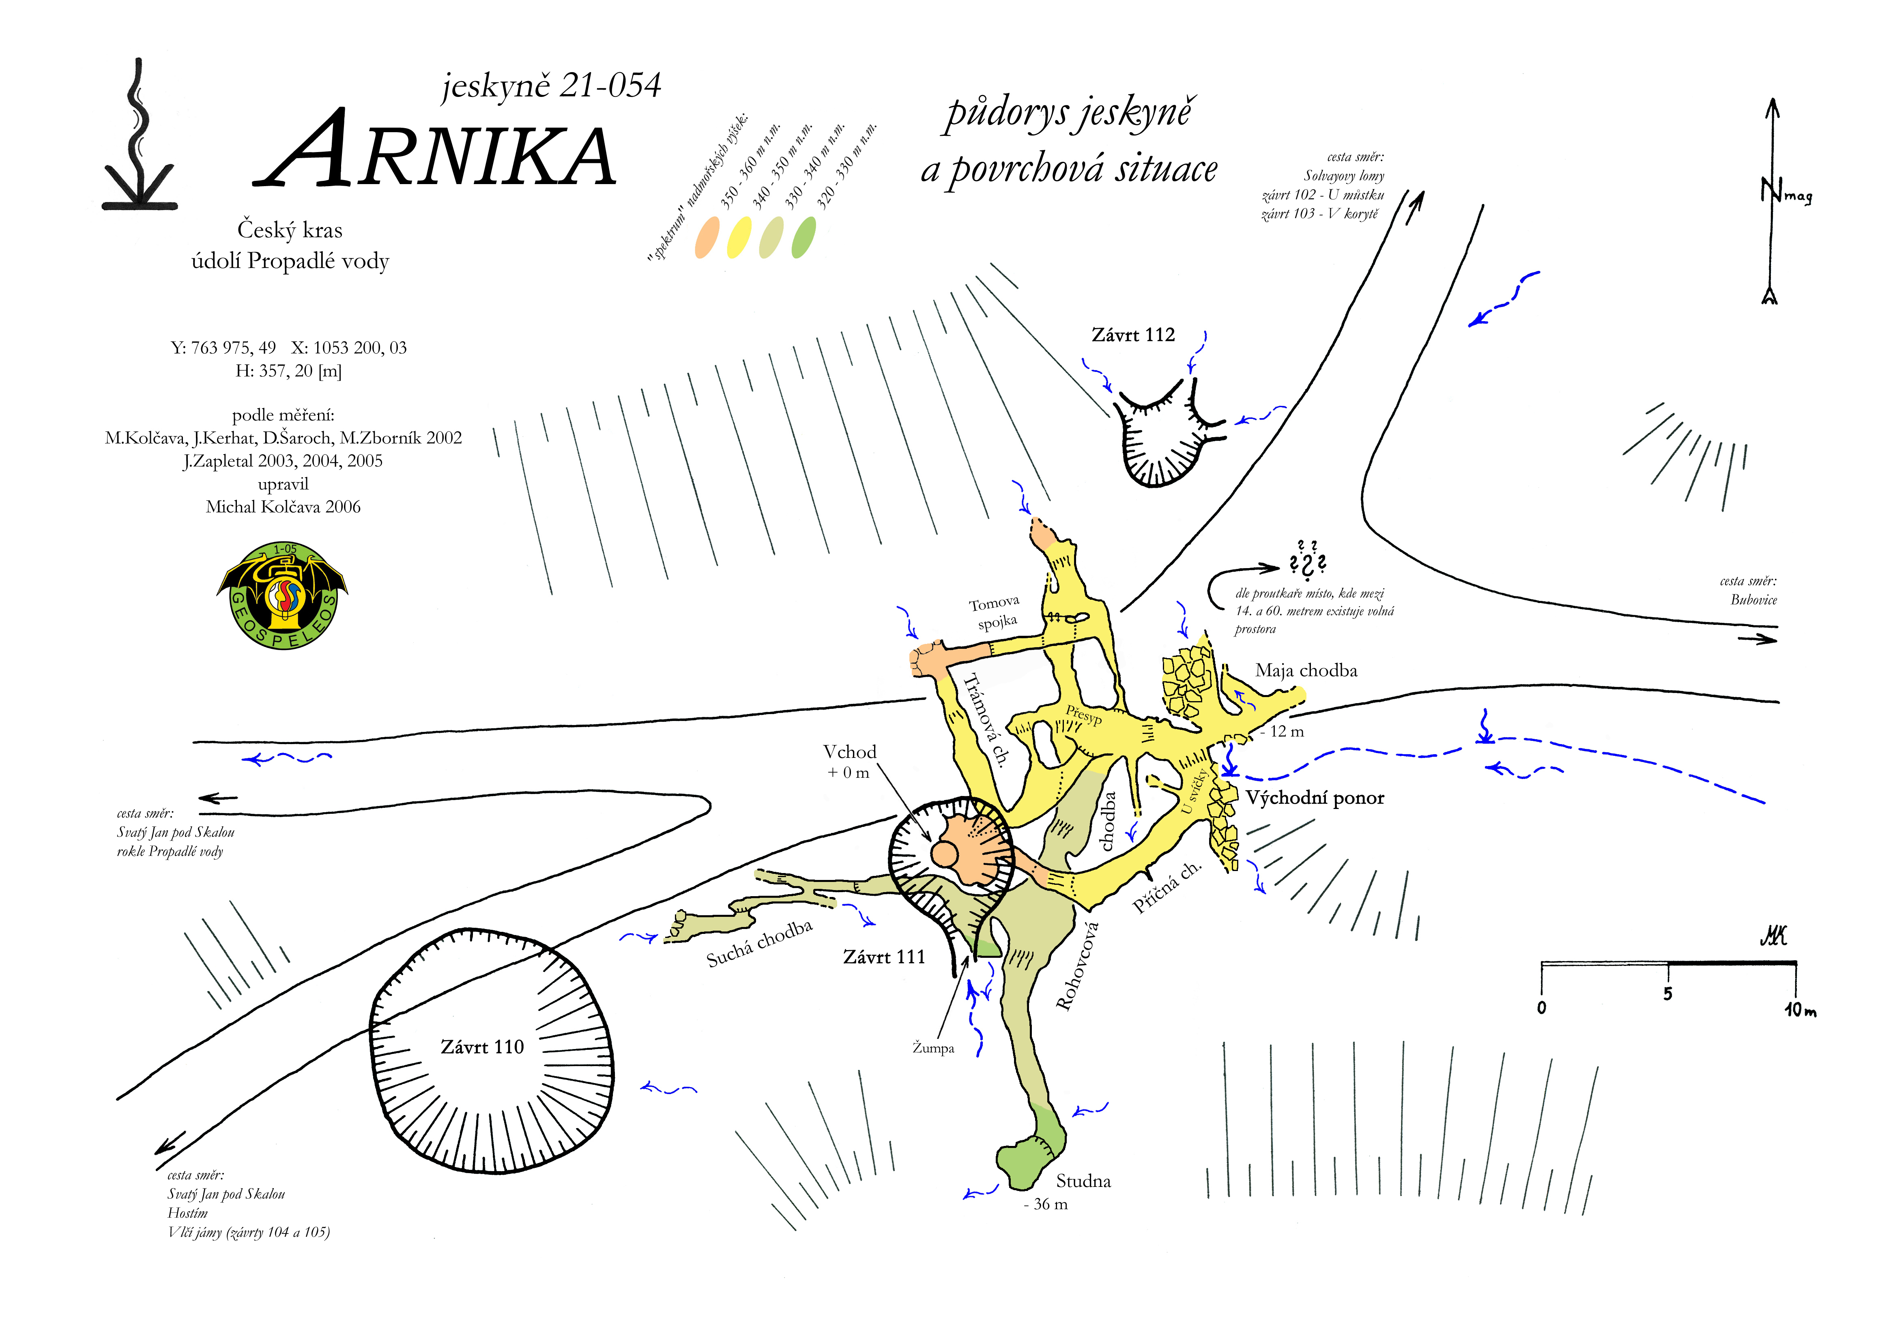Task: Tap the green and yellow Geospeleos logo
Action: click(x=283, y=595)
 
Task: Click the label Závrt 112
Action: click(x=1133, y=335)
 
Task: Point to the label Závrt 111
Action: click(x=884, y=957)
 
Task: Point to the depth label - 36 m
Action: click(x=1046, y=1205)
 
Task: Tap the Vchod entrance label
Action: click(x=849, y=752)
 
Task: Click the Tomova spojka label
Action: click(x=996, y=612)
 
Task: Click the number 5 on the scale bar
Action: click(x=1667, y=994)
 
